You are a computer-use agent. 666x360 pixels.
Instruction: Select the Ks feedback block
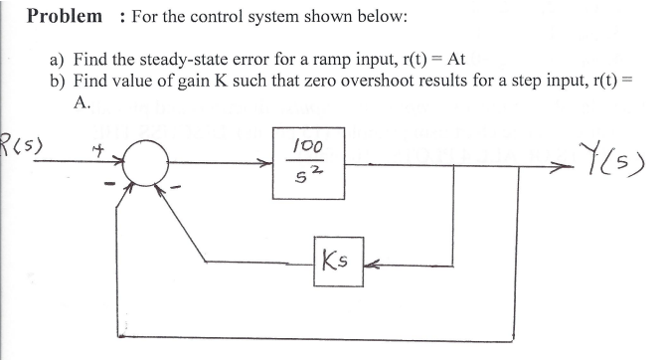pos(339,263)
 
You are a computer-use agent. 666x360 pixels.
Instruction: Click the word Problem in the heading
pos(65,16)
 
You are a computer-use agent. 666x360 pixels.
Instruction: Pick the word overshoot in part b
pos(375,80)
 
